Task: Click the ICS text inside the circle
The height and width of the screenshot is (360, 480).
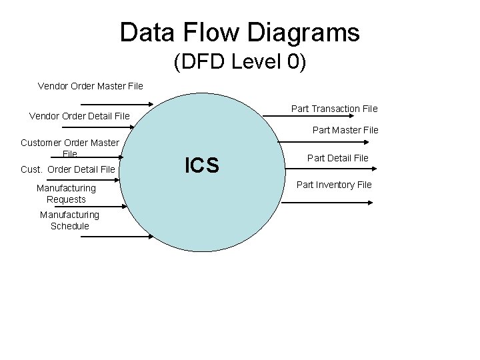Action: (202, 165)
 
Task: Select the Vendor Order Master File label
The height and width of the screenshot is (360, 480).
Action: (90, 86)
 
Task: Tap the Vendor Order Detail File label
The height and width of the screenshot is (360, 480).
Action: (79, 117)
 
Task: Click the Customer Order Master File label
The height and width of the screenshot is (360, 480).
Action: (70, 147)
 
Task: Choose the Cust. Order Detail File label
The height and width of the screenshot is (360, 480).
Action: (68, 169)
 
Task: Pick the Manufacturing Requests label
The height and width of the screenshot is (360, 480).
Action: (66, 193)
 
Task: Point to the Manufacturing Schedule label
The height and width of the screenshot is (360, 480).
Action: (69, 220)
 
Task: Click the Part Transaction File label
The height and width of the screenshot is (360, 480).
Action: (334, 109)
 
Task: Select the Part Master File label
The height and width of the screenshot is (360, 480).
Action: (345, 130)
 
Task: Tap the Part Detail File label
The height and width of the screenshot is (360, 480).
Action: (337, 158)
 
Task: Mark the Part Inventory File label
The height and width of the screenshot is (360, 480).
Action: (334, 185)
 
